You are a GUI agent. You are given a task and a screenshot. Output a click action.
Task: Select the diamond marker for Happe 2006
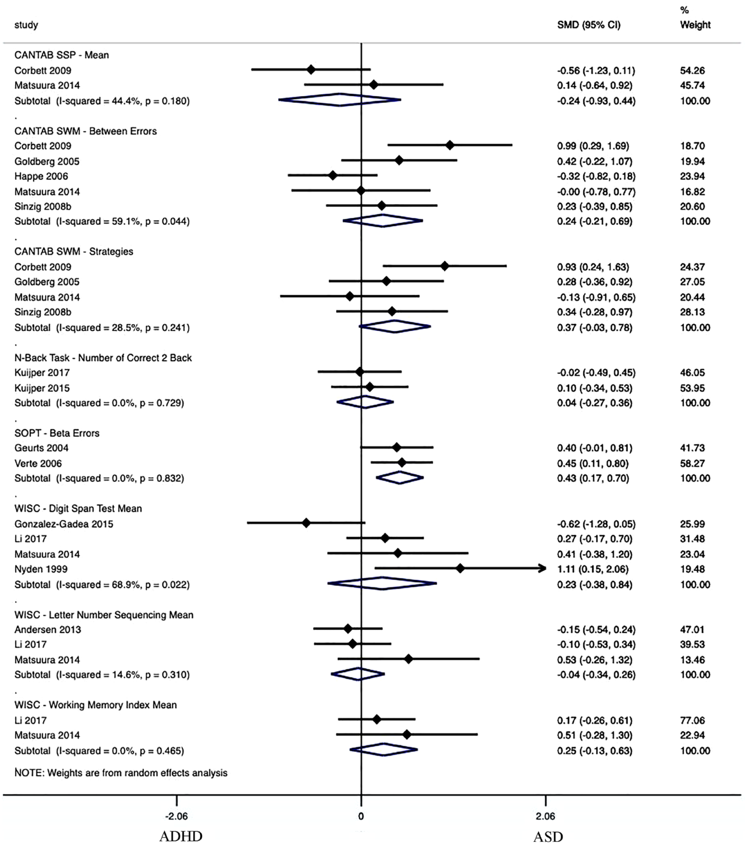coord(333,176)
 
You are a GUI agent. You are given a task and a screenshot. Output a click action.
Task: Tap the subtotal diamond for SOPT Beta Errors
coord(400,478)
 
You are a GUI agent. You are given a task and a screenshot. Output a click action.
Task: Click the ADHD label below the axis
coord(181,836)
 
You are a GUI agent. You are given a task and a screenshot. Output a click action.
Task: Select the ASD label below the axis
coord(548,836)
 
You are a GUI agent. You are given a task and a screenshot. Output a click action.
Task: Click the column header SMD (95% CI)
coord(588,25)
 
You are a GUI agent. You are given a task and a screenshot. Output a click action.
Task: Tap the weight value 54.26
coord(692,71)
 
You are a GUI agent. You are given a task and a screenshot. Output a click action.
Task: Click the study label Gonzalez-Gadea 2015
coord(64,524)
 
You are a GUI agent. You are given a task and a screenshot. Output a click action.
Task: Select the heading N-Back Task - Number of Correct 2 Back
coord(103,358)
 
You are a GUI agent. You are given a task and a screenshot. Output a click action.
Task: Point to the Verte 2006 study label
coord(38,463)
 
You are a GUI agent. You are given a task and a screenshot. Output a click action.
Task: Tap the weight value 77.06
coord(692,720)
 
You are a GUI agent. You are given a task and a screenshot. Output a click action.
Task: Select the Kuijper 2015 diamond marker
coord(370,387)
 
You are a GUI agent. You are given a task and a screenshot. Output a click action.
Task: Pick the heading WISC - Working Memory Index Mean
coord(95,705)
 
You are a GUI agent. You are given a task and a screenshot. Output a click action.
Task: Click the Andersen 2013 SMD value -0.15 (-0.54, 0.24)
coord(596,630)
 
